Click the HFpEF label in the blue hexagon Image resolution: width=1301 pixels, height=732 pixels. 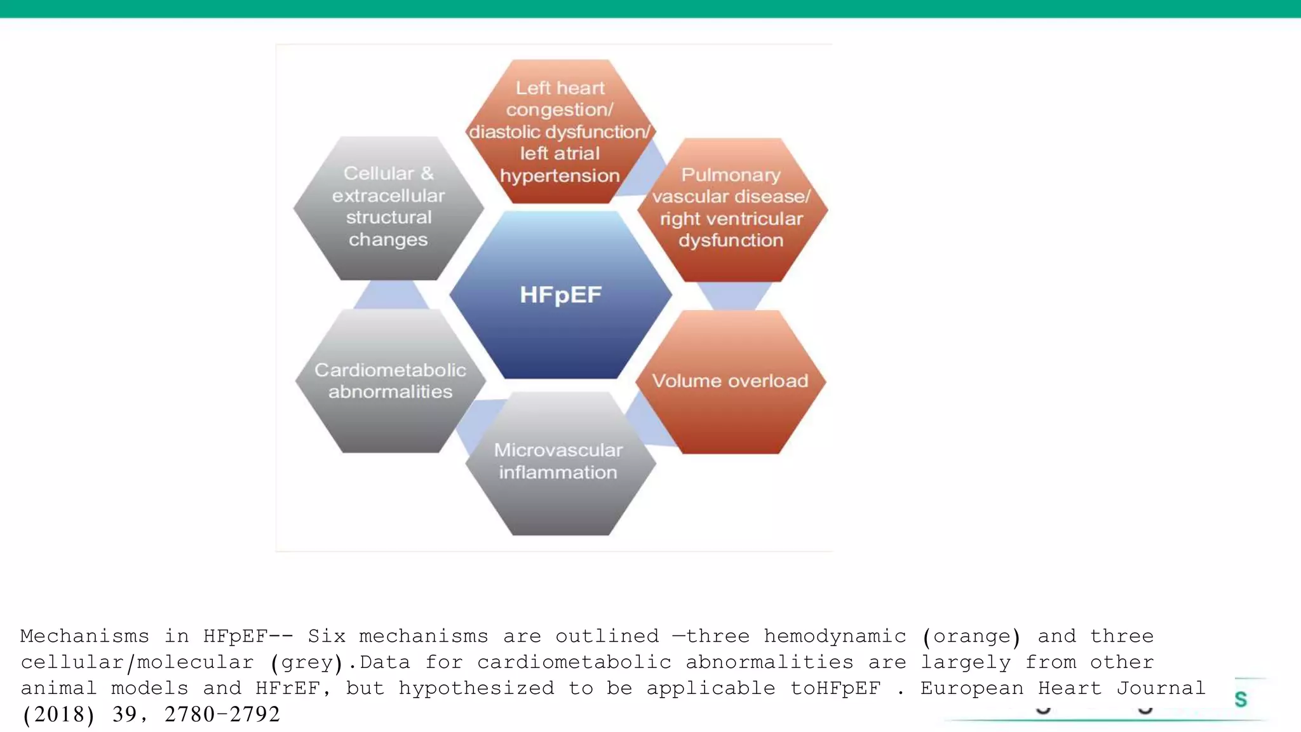pyautogui.click(x=560, y=295)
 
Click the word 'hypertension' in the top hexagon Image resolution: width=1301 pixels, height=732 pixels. pyautogui.click(x=560, y=175)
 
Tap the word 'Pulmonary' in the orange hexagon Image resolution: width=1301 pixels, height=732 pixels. pyautogui.click(x=731, y=174)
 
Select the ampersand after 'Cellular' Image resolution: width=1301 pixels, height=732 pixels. pyautogui.click(x=427, y=173)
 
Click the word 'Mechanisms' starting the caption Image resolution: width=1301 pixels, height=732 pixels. pyautogui.click(x=84, y=636)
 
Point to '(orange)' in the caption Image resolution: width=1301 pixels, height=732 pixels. pyautogui.click(x=971, y=636)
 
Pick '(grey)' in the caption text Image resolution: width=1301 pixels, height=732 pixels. pyautogui.click(x=307, y=662)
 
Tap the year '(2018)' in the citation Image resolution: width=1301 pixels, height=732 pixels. pyautogui.click(x=58, y=714)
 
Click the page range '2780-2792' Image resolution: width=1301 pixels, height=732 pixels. pyautogui.click(x=222, y=714)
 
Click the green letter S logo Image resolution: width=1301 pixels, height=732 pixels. pyautogui.click(x=1240, y=699)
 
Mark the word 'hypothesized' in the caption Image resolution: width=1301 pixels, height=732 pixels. pyautogui.click(x=476, y=688)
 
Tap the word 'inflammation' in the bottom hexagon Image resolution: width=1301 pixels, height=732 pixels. pyautogui.click(x=558, y=472)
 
